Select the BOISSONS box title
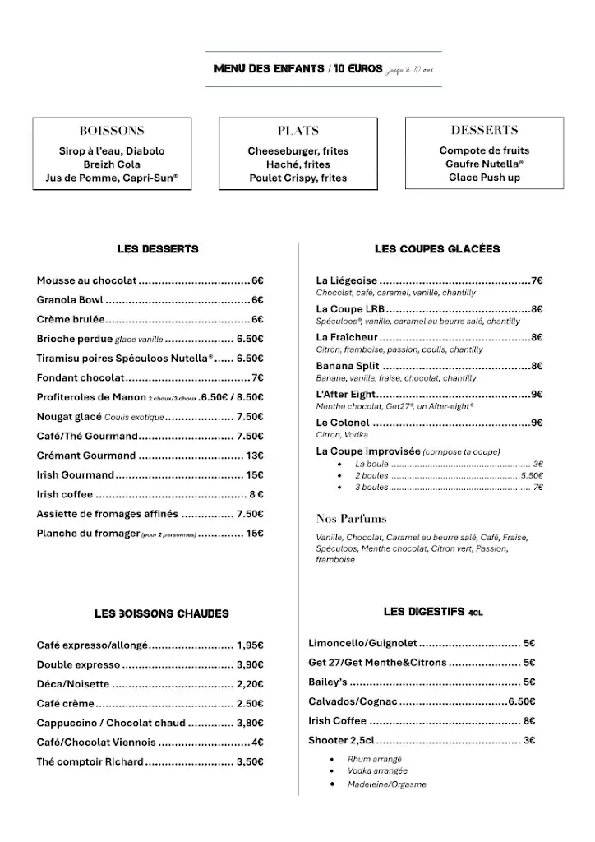(x=112, y=130)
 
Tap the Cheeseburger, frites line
(x=298, y=151)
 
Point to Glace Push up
(x=484, y=178)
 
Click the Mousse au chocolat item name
(x=86, y=280)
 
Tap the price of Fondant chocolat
(x=257, y=377)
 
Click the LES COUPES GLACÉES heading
(x=436, y=249)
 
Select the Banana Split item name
(x=347, y=366)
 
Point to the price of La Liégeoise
(x=537, y=280)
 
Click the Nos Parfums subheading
(x=351, y=519)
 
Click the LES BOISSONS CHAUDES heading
(x=161, y=613)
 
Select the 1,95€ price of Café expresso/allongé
(x=250, y=645)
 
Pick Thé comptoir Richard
(x=90, y=762)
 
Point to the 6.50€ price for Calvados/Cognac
(x=521, y=701)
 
